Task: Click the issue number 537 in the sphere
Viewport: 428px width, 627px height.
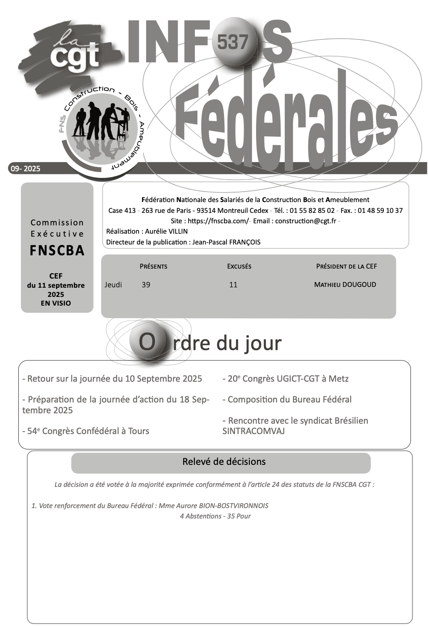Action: pyautogui.click(x=232, y=42)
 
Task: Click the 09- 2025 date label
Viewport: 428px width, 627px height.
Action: pyautogui.click(x=25, y=168)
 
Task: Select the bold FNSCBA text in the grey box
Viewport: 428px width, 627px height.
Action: pyautogui.click(x=57, y=250)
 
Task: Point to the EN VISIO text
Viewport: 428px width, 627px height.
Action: pyautogui.click(x=56, y=303)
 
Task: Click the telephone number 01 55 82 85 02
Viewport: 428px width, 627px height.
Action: pyautogui.click(x=312, y=210)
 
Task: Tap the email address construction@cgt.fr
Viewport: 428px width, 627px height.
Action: pyautogui.click(x=306, y=221)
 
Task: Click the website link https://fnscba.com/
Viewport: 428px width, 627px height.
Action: pyautogui.click(x=218, y=221)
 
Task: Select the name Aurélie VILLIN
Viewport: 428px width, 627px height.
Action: pyautogui.click(x=166, y=231)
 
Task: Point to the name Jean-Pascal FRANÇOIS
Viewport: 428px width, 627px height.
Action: pyautogui.click(x=226, y=242)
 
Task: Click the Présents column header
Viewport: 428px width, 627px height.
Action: pyautogui.click(x=153, y=266)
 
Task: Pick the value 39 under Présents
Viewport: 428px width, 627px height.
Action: pyautogui.click(x=146, y=285)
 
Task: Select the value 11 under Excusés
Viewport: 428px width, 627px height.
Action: pyautogui.click(x=233, y=285)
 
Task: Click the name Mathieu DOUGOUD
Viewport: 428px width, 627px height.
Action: pyautogui.click(x=345, y=285)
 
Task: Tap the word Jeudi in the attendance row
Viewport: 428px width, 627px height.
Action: pyautogui.click(x=113, y=285)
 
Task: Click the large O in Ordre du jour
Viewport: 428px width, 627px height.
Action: pyautogui.click(x=147, y=342)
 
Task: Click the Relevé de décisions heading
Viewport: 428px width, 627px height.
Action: pyautogui.click(x=224, y=462)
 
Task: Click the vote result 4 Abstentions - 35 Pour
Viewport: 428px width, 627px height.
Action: pyautogui.click(x=215, y=516)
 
